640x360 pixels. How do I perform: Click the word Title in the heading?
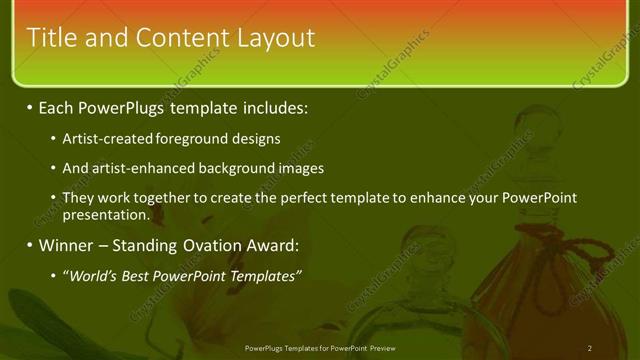click(x=50, y=38)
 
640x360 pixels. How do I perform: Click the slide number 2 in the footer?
click(x=590, y=348)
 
